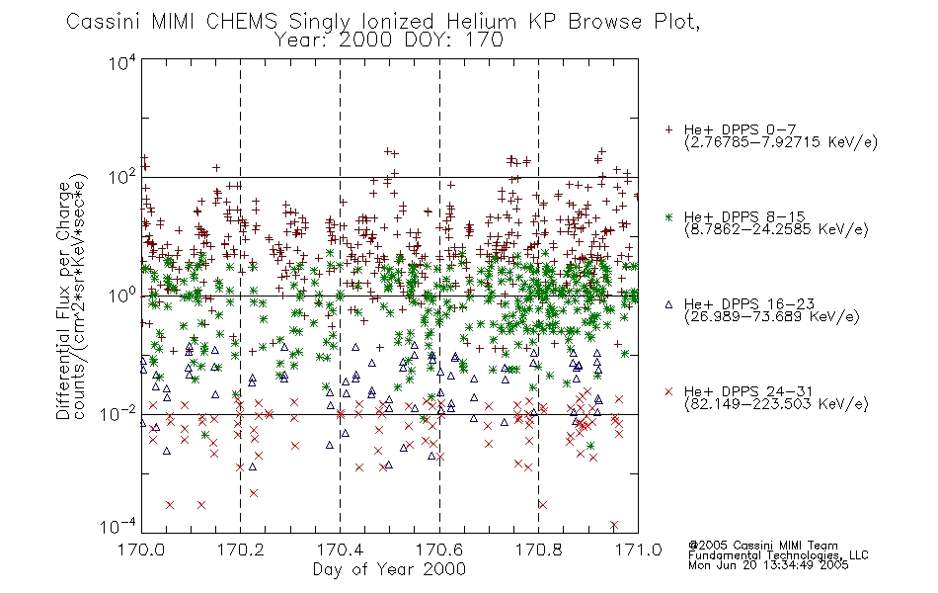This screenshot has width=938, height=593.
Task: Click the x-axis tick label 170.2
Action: pyautogui.click(x=241, y=550)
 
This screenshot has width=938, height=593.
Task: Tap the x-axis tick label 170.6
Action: pyautogui.click(x=439, y=550)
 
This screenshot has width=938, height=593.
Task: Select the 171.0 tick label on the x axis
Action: pyautogui.click(x=638, y=550)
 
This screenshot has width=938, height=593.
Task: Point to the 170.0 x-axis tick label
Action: pyautogui.click(x=141, y=550)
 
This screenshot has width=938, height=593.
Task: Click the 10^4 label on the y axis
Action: pyautogui.click(x=123, y=62)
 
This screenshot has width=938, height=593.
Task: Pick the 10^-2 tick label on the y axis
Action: pyautogui.click(x=118, y=413)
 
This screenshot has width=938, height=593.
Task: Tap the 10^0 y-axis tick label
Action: pyautogui.click(x=123, y=295)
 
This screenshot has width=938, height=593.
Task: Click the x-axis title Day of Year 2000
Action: pyautogui.click(x=389, y=569)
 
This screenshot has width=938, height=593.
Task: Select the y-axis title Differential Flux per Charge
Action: pyautogui.click(x=63, y=300)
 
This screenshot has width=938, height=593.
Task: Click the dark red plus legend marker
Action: pyautogui.click(x=668, y=129)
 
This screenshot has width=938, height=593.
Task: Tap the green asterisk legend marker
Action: pyautogui.click(x=668, y=216)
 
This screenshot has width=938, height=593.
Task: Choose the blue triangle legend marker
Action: pyautogui.click(x=668, y=304)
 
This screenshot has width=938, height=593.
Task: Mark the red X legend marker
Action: pyautogui.click(x=668, y=391)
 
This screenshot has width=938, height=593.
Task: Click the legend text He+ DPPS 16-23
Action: pyautogui.click(x=749, y=304)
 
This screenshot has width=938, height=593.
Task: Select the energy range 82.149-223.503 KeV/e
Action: pyautogui.click(x=776, y=404)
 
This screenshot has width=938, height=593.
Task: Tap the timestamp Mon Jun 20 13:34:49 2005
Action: pyautogui.click(x=768, y=565)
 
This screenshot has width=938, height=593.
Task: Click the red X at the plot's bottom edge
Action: pyautogui.click(x=614, y=526)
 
